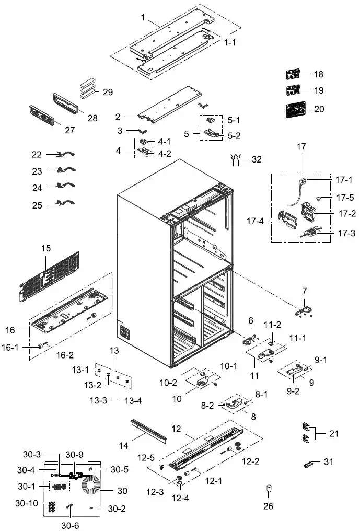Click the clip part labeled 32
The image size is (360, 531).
pos(237,159)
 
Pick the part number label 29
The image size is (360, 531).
pos(108,92)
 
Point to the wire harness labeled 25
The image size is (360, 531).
pos(65,204)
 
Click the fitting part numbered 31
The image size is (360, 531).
pos(308,463)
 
